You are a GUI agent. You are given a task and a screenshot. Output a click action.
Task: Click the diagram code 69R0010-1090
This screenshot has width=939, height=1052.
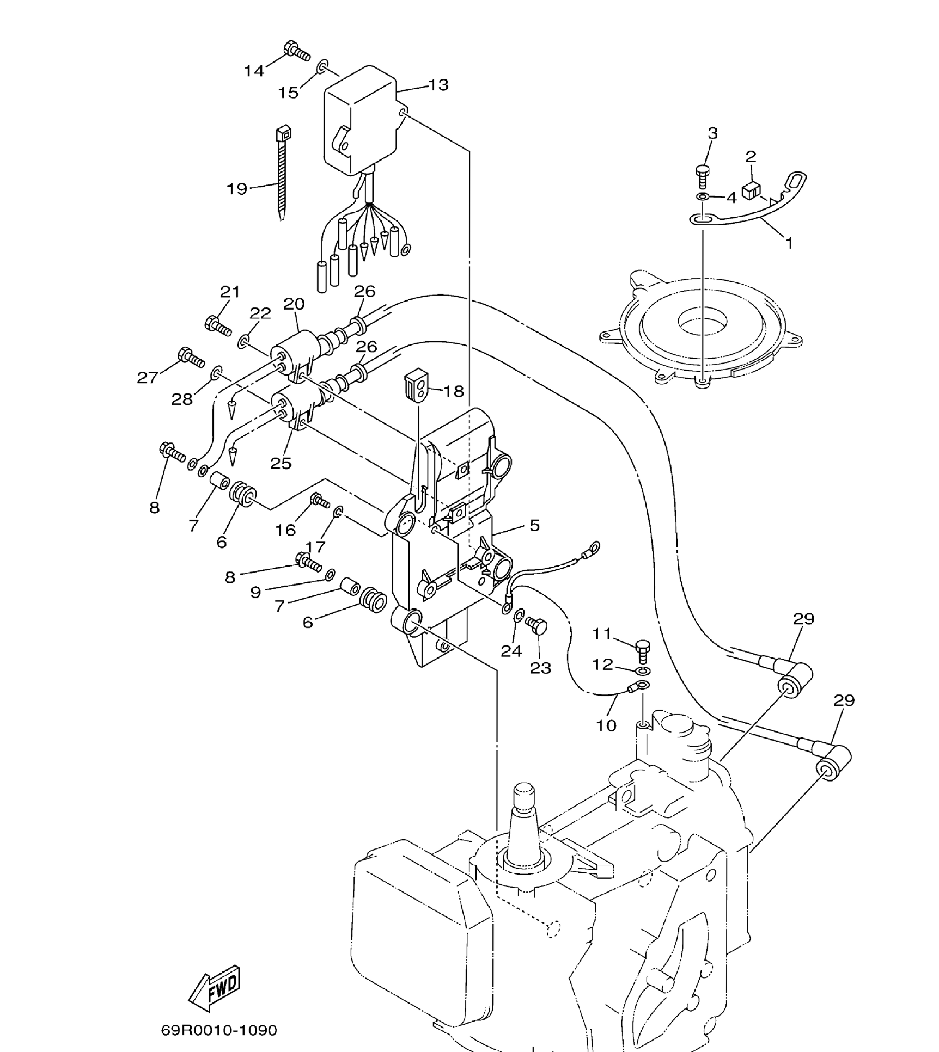click(x=219, y=1030)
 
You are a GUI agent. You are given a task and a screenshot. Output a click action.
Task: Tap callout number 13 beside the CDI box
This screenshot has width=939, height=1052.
click(x=438, y=85)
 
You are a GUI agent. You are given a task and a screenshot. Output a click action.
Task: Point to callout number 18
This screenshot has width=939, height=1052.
click(x=453, y=391)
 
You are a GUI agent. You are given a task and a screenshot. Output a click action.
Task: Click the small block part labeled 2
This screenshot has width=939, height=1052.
click(x=751, y=190)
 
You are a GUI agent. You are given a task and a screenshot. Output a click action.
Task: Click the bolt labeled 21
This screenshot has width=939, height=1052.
click(x=218, y=326)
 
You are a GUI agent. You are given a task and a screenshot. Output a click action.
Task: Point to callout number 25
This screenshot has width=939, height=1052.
click(x=281, y=463)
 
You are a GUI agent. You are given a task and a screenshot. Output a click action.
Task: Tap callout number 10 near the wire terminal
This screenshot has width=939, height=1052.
click(x=606, y=725)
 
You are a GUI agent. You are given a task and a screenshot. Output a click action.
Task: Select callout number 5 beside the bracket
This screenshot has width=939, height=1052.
click(x=534, y=525)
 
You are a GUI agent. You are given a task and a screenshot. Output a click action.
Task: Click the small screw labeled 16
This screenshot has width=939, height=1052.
click(x=320, y=500)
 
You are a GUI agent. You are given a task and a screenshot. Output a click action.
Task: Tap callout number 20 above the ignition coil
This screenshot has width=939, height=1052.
click(x=294, y=304)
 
